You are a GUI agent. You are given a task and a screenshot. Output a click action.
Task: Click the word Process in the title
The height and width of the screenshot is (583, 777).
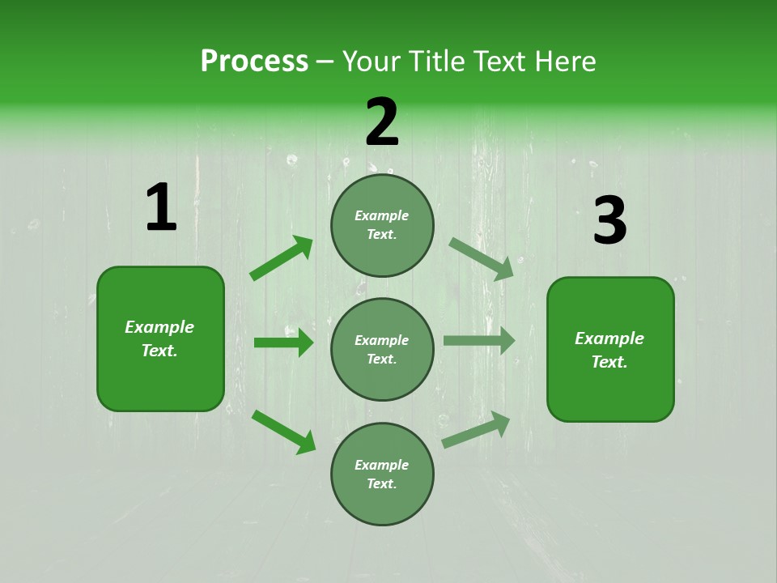coord(254,62)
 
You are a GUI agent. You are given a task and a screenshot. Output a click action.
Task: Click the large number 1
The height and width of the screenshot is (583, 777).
coord(161,208)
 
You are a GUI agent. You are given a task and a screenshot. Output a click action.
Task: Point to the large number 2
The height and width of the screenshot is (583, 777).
coord(382,122)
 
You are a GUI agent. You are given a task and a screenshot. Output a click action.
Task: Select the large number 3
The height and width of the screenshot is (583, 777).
coord(609,221)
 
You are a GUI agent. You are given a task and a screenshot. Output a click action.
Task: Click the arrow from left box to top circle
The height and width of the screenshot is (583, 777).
coord(282,258)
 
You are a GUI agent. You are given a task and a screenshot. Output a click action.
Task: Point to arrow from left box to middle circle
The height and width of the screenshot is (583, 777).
coord(283,343)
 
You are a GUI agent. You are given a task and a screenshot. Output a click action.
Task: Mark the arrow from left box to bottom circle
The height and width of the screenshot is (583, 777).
coord(283,431)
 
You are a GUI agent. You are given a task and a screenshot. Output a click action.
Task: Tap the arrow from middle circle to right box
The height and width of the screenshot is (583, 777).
coord(479,341)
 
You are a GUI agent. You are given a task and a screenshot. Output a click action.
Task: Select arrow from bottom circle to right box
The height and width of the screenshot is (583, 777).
coord(476,430)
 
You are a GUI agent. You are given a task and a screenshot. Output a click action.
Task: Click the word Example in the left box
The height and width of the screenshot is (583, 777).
coord(159,327)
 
